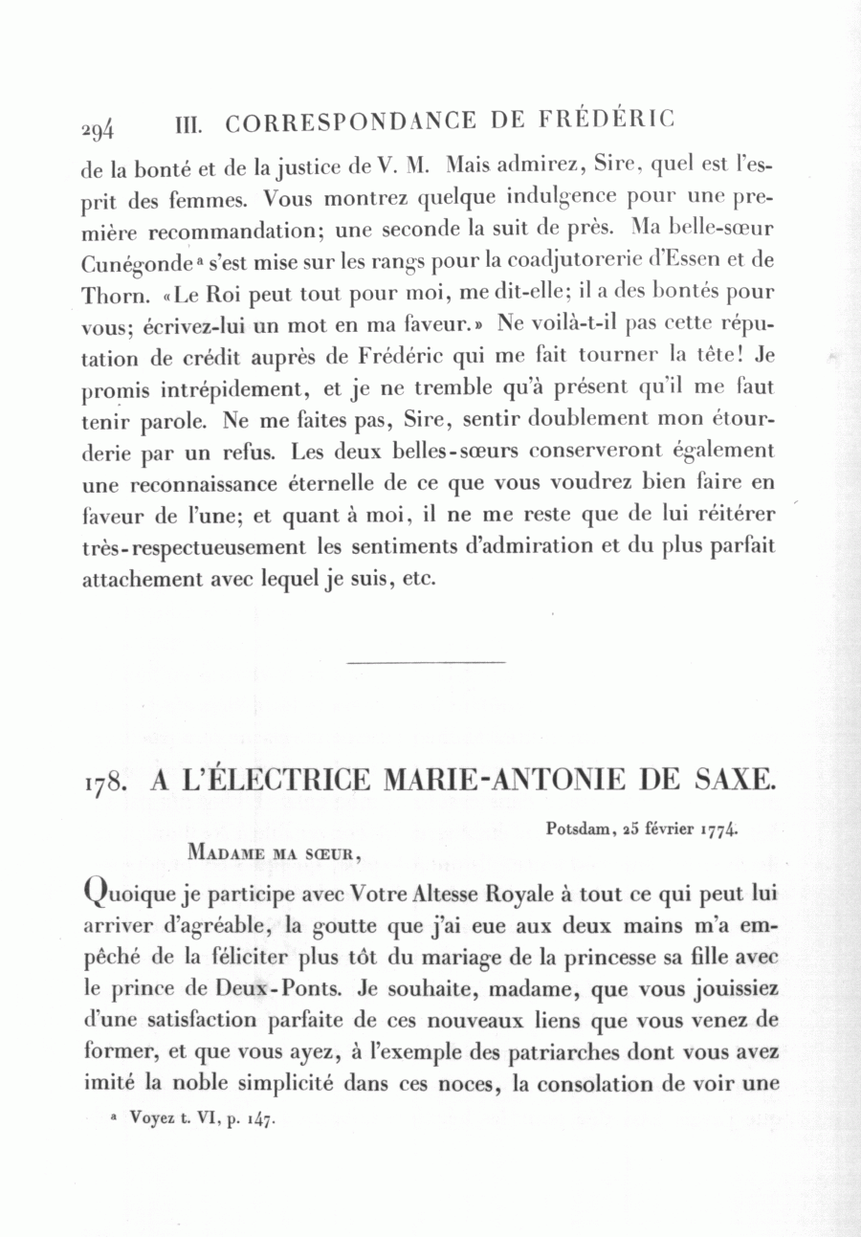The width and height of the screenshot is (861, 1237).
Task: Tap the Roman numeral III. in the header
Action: click(194, 123)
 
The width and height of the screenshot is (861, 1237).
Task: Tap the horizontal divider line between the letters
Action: click(425, 661)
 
